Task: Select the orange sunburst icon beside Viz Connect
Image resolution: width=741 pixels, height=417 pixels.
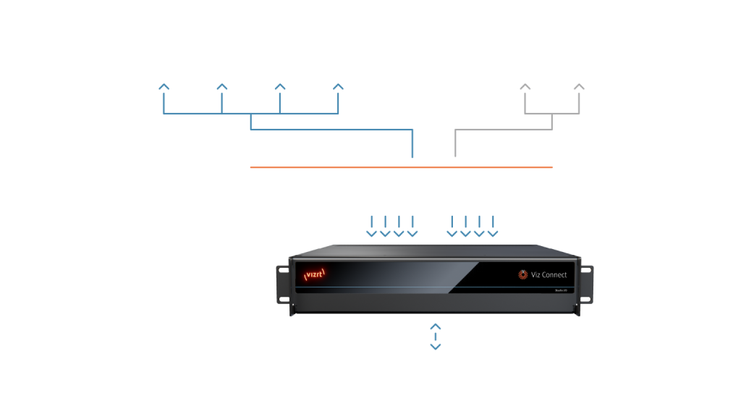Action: [x=522, y=274]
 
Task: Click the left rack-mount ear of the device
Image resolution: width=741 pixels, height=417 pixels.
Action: [x=281, y=286]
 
